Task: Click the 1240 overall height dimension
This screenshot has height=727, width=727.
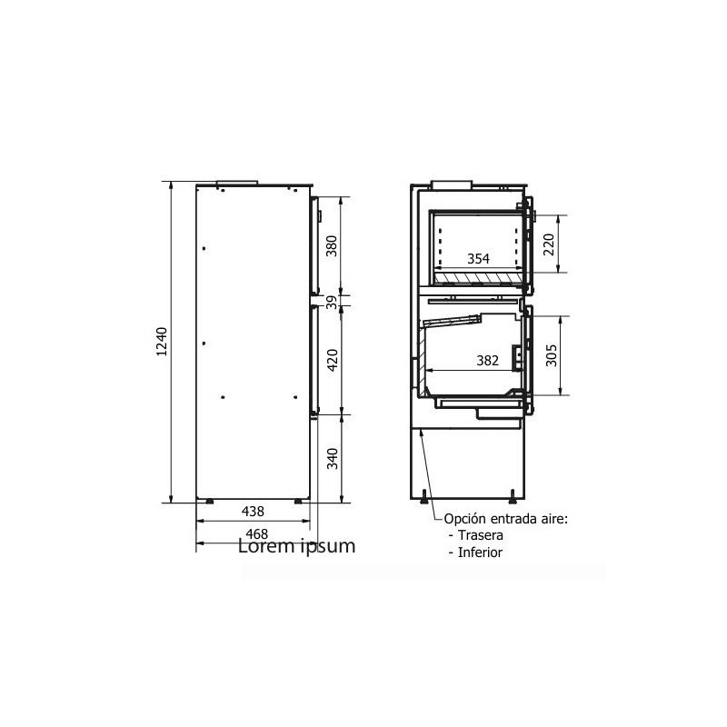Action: (x=162, y=342)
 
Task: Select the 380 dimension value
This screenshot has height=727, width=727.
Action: (x=332, y=246)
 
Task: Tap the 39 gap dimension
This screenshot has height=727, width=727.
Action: (x=332, y=303)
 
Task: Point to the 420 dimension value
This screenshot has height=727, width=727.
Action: (x=333, y=360)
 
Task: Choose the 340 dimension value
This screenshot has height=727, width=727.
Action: (x=333, y=459)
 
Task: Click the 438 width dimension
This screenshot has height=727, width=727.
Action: (x=253, y=512)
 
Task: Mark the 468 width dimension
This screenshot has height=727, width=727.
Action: (x=256, y=533)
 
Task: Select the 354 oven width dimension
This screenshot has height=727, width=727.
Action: (x=479, y=259)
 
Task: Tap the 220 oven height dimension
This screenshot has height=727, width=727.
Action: (x=549, y=244)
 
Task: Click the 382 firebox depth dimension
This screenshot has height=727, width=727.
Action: (x=487, y=360)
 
